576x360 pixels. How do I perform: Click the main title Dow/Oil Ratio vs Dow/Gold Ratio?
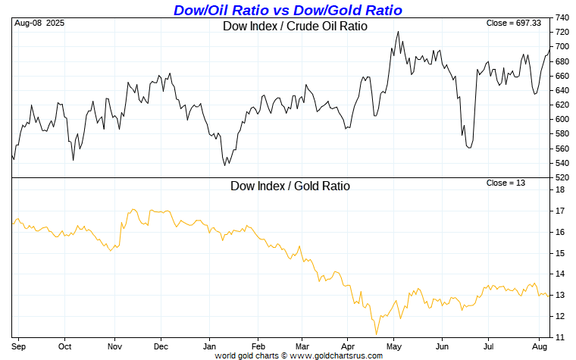coord(288,10)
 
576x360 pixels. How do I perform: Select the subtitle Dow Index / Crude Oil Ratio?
coord(295,26)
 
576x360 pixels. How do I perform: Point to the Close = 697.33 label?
coord(514,23)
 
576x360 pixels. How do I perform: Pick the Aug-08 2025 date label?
coord(39,23)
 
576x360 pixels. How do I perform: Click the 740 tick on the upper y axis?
coord(563,17)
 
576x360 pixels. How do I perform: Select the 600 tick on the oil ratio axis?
coord(563,120)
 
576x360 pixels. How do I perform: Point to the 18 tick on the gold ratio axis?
coord(560,189)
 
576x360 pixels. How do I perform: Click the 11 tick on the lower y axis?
coord(560,337)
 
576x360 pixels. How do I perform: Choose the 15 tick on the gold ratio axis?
coord(560,252)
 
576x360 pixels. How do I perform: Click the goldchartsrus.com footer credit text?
coord(288,354)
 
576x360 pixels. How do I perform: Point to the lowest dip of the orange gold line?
coord(376,334)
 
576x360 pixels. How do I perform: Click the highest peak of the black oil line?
coord(398,32)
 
